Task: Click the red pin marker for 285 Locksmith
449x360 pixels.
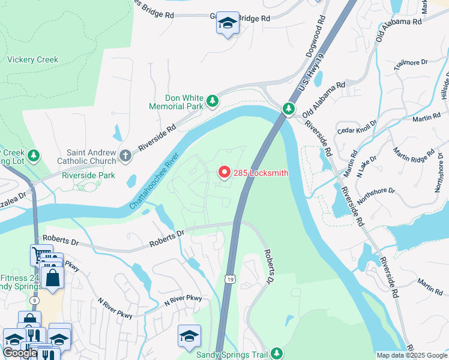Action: (x=224, y=172)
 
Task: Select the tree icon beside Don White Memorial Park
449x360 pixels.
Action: (x=212, y=102)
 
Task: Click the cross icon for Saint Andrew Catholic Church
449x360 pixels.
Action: (x=125, y=155)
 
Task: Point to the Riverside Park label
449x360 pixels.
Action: (x=88, y=176)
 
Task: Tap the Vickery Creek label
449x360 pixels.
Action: (x=33, y=59)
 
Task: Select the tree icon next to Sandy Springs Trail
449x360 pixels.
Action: (x=276, y=353)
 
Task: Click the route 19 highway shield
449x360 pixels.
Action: (x=230, y=278)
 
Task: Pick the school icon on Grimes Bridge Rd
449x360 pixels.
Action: (x=228, y=23)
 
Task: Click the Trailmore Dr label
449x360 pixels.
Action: (x=411, y=62)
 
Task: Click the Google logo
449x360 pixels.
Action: (x=20, y=353)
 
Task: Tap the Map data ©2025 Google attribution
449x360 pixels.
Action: (x=412, y=355)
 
